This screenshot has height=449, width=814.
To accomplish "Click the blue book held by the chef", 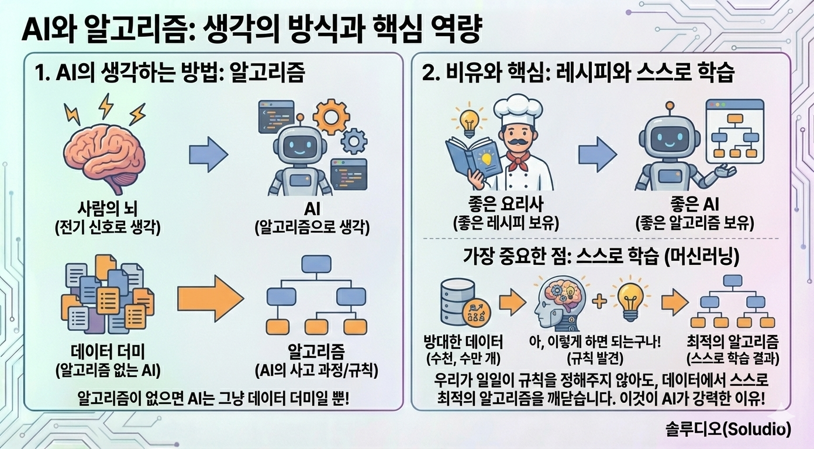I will [473, 158].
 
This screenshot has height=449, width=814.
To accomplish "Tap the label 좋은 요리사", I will [506, 205].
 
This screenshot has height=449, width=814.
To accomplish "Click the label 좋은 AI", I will [694, 205].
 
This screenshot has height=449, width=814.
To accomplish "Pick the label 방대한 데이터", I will [463, 342].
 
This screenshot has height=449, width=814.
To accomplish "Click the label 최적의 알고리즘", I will [734, 342].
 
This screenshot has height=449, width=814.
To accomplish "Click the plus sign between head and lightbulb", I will [599, 302].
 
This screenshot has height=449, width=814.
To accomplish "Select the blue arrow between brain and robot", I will [208, 155].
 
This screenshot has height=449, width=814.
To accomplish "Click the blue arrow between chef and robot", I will [597, 155].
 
